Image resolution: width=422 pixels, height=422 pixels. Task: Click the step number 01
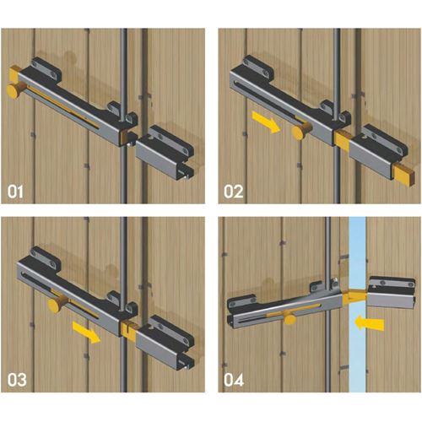(x=15, y=192)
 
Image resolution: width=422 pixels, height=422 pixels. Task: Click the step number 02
(x=234, y=192)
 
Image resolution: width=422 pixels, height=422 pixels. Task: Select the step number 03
(x=17, y=380)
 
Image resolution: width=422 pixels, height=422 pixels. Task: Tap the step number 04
(x=234, y=380)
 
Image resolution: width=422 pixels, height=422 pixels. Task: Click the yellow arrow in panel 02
(x=266, y=122)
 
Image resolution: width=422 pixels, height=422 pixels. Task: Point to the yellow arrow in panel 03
(x=87, y=333)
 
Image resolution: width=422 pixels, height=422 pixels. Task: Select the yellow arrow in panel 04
(x=369, y=323)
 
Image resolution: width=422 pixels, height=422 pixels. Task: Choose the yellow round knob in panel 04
(x=290, y=320)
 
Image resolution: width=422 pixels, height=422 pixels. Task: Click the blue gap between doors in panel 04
(x=357, y=305)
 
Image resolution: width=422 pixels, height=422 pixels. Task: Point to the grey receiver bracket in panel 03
(x=165, y=342)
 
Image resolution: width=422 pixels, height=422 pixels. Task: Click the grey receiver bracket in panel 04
(x=392, y=293)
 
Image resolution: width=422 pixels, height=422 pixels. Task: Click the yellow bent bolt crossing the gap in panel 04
(x=354, y=297)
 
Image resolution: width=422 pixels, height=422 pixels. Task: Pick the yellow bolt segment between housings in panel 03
(x=130, y=328)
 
